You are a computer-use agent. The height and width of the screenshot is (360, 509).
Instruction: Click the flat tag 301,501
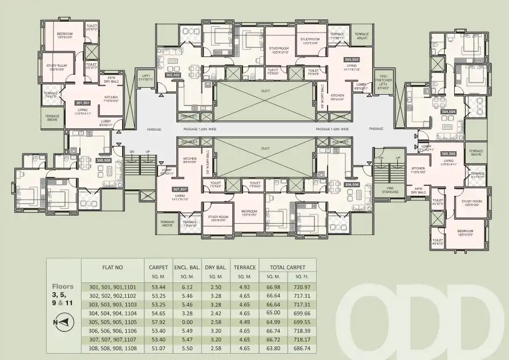tap(83, 103)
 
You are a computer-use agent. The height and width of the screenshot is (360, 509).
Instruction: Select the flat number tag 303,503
tap(352, 59)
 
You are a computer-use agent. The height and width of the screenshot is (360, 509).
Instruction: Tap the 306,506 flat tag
tap(352, 184)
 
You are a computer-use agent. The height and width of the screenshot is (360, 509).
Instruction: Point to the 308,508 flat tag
tap(103, 161)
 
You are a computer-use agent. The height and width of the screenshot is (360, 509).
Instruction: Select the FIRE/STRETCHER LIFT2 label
tap(383, 80)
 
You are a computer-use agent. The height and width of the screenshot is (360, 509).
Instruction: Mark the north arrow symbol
tap(63, 322)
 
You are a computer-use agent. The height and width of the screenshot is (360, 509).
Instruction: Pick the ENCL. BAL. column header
tap(188, 266)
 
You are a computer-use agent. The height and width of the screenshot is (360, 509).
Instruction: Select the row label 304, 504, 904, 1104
tap(112, 313)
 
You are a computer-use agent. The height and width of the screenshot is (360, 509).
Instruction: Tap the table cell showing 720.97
tap(300, 287)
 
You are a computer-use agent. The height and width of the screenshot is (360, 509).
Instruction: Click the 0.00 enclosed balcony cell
tap(187, 322)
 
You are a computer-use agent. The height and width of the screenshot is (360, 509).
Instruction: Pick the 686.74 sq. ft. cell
tap(300, 347)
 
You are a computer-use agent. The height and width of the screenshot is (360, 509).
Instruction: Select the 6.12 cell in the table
tap(187, 287)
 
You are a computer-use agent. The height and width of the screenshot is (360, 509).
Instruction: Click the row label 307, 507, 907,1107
tap(112, 339)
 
